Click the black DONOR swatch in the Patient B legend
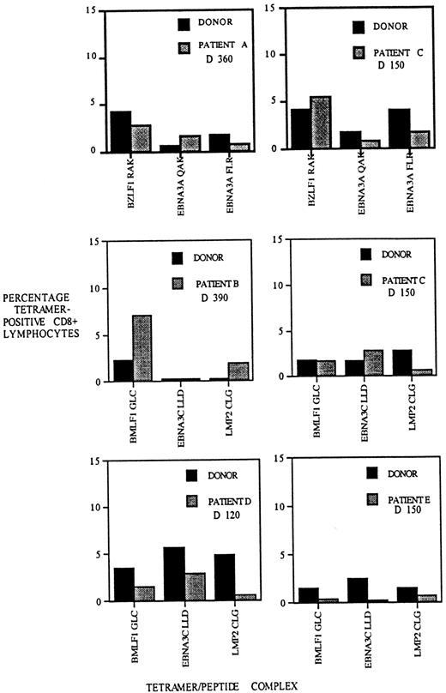pyautogui.click(x=178, y=257)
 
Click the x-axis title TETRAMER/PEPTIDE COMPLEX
pyautogui.click(x=224, y=682)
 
